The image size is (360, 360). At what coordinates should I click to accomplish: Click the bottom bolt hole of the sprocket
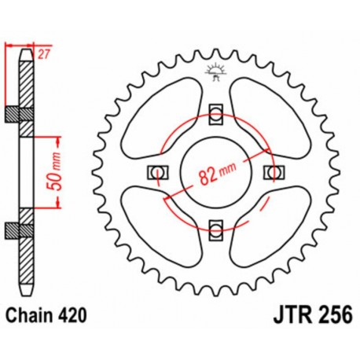[x=215, y=229]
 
